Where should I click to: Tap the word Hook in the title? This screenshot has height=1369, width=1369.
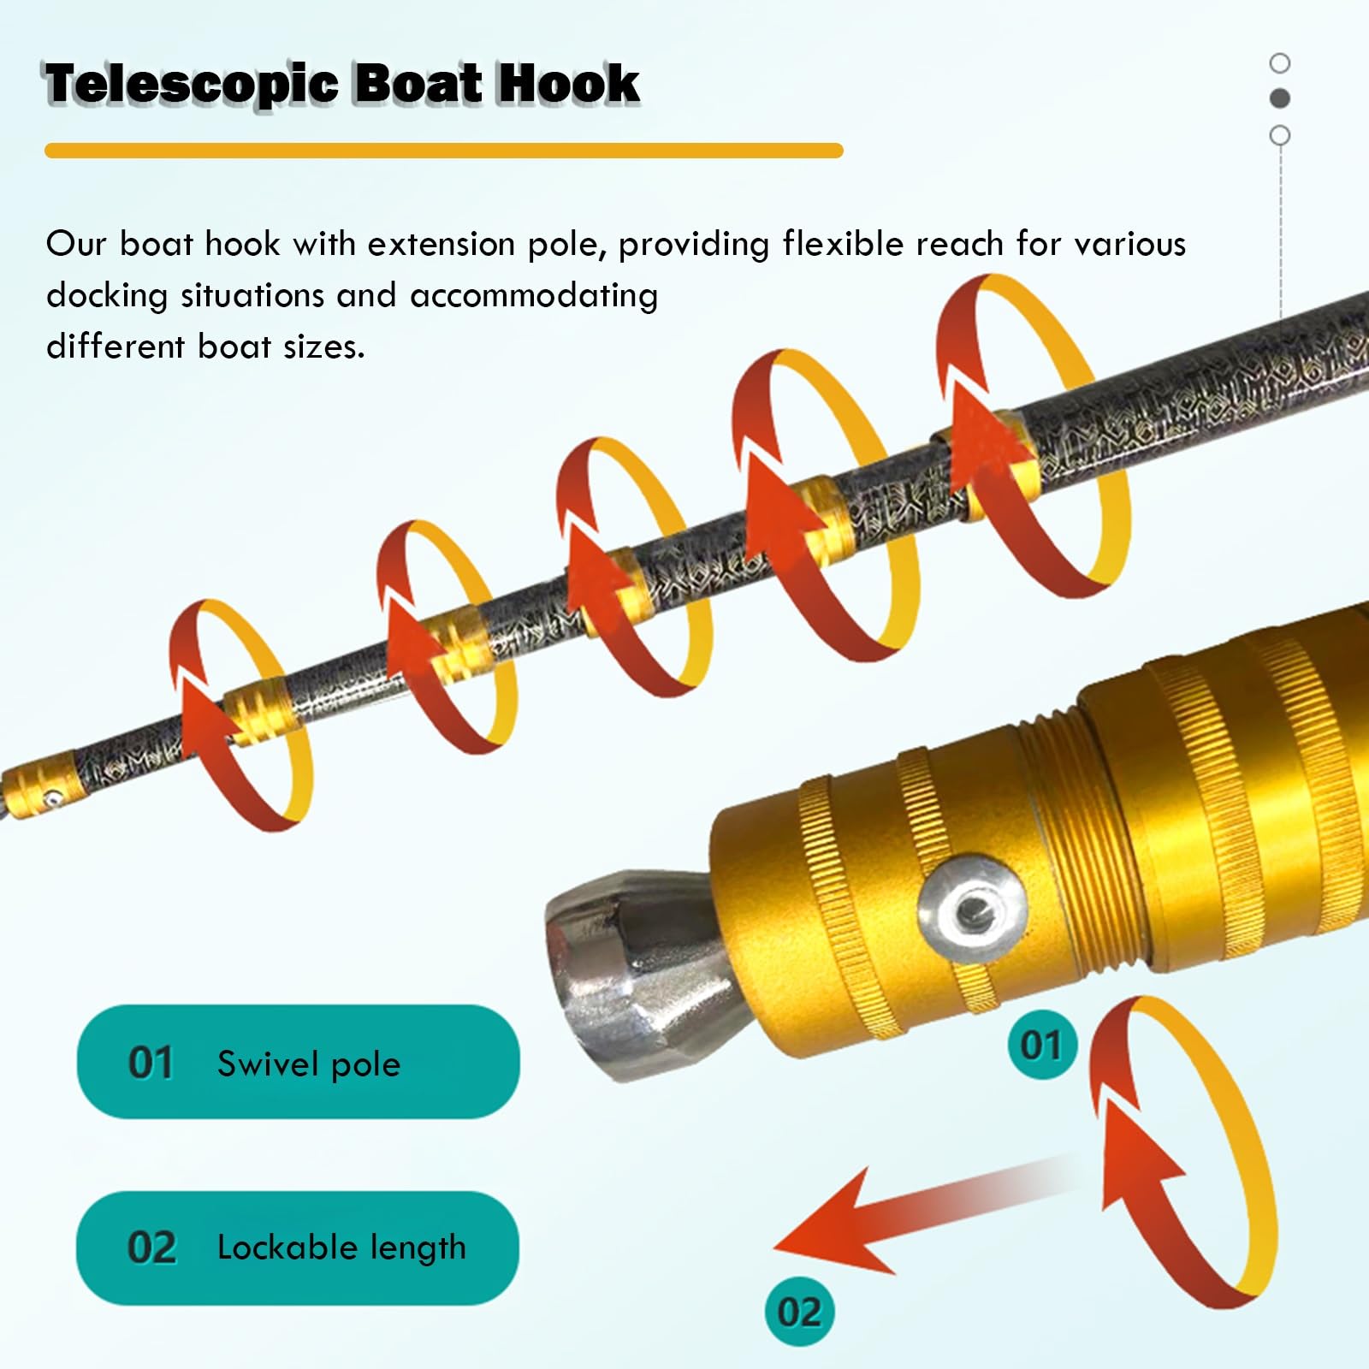coord(568,84)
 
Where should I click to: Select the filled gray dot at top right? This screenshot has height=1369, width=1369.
coord(1280,98)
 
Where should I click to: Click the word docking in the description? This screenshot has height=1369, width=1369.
coord(107,296)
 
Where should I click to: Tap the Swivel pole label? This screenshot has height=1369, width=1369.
coord(308,1064)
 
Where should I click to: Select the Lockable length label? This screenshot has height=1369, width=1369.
coord(341,1248)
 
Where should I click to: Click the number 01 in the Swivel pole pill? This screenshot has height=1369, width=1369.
coord(151,1063)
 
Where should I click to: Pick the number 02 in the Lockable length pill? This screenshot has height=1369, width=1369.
coord(151,1248)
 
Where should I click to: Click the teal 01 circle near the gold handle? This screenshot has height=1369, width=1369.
coord(1040,1045)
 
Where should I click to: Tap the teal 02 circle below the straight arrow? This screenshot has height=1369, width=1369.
coord(799,1311)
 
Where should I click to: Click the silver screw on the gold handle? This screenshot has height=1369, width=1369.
coord(972,910)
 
